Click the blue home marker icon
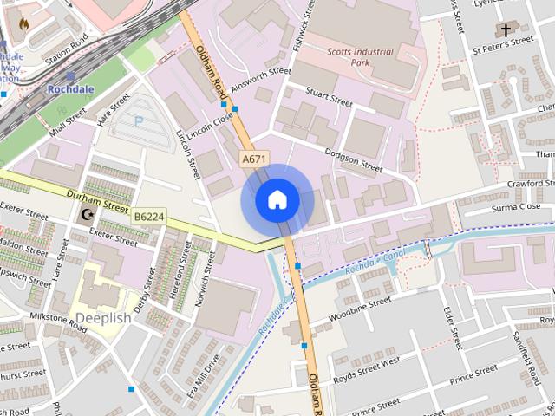[277, 200]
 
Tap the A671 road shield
[254, 159]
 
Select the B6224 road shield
[149, 216]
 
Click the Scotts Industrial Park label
[361, 57]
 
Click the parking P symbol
[138, 122]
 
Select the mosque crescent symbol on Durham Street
[85, 214]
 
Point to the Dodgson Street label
[353, 159]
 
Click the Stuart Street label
[328, 95]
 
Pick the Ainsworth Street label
[263, 83]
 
